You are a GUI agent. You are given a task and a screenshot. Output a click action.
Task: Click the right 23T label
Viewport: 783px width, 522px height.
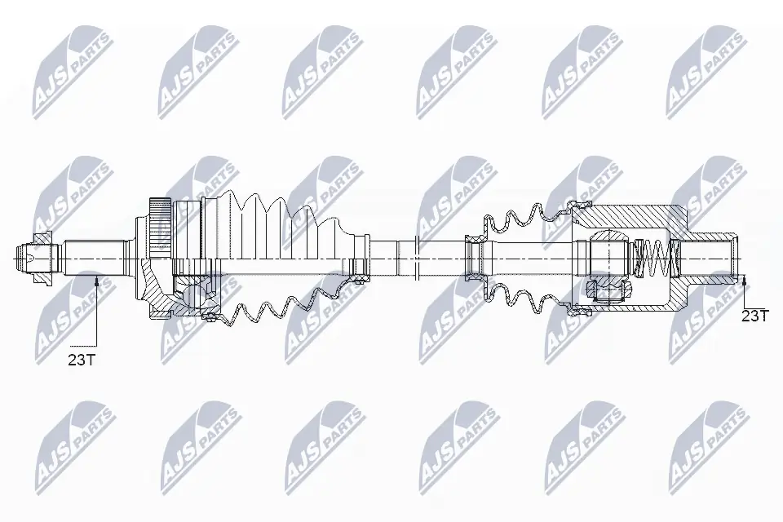pyautogui.click(x=754, y=316)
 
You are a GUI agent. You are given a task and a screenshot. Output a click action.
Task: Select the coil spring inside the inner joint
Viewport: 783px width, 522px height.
pyautogui.click(x=654, y=258)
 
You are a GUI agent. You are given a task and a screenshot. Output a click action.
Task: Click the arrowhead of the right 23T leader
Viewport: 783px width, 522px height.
pyautogui.click(x=745, y=281)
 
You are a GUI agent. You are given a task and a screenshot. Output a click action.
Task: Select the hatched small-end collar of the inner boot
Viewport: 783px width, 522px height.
pyautogui.click(x=474, y=259)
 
